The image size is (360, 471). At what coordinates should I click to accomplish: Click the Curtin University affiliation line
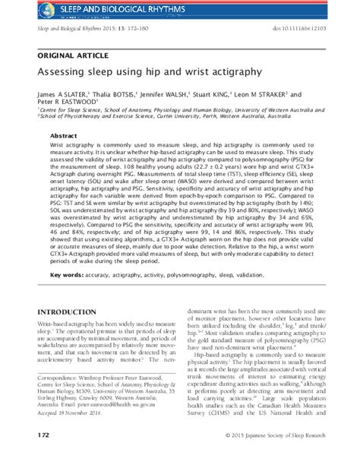pyautogui.click(x=175, y=117)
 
